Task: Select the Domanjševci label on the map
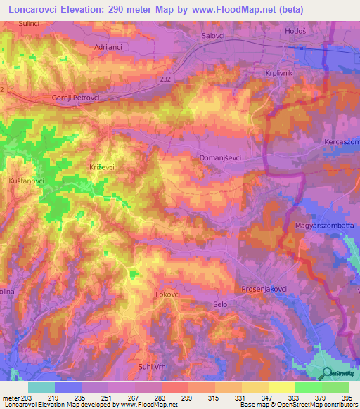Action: (x=221, y=158)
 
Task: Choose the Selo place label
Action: (x=220, y=304)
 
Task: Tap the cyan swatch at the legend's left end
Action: (x=41, y=387)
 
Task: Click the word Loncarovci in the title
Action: (x=33, y=10)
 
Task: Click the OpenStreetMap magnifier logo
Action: (x=326, y=375)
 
